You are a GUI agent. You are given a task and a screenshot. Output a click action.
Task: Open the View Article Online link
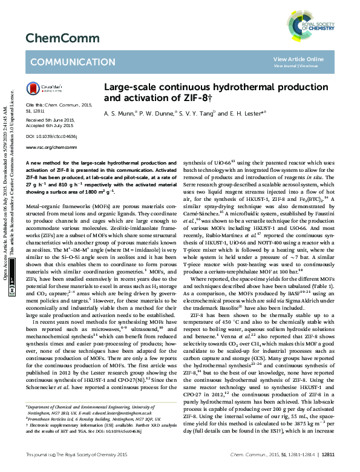click(298, 59)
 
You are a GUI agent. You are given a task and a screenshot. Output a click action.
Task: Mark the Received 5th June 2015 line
click(50, 120)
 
